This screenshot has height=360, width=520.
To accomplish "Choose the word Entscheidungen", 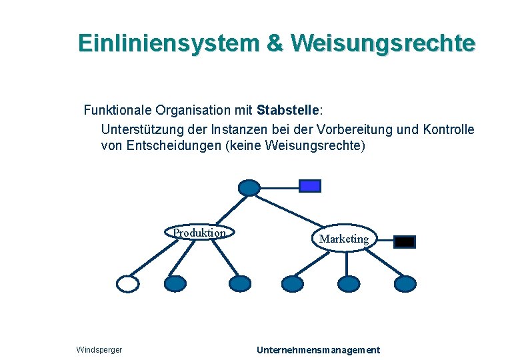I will pos(175,145).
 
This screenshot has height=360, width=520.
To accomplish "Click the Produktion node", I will pos(199,233).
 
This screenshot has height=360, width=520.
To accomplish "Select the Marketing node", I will pos(344,238).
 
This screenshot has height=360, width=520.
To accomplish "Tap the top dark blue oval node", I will pos(249,187).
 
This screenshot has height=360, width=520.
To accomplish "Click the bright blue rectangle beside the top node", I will pos(310,186).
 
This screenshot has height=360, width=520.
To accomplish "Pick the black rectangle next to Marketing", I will pos(405,241).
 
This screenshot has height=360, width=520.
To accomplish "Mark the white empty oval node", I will pos(128,284).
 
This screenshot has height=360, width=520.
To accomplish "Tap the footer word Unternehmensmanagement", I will pos(318,350).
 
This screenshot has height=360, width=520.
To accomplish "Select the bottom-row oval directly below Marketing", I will pos(347,284).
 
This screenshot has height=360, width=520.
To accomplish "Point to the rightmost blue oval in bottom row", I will pos(405,284).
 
